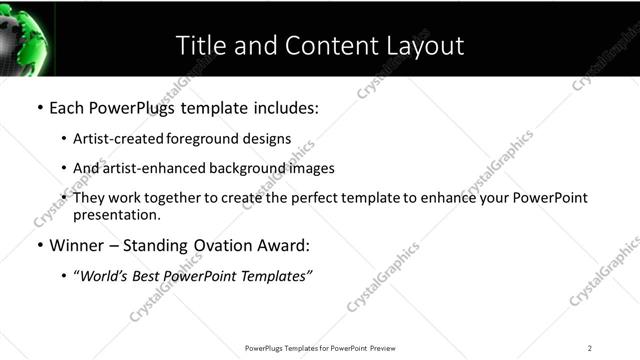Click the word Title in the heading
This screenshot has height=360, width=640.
(198, 45)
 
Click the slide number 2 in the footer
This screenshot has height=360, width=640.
(590, 347)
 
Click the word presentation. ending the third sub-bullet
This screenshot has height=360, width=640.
(116, 214)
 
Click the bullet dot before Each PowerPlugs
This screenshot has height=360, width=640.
(39, 107)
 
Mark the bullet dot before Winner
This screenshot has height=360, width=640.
(39, 245)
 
